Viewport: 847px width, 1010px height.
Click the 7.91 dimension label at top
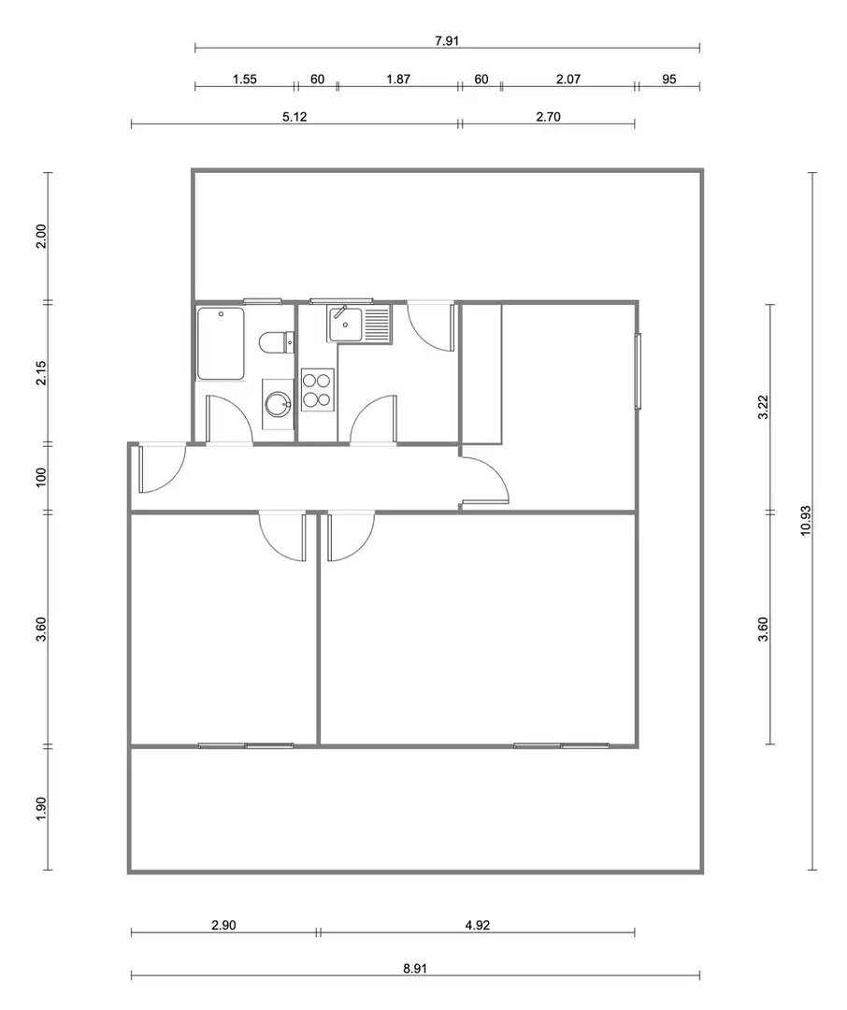click(x=447, y=41)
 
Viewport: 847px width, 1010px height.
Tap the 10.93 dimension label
click(x=805, y=521)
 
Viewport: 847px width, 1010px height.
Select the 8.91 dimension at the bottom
click(x=415, y=968)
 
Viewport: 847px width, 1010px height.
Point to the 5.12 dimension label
click(x=295, y=117)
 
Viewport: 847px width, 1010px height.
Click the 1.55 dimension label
click(x=245, y=79)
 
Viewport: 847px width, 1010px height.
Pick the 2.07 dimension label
click(x=568, y=79)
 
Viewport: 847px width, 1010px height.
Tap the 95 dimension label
click(x=669, y=79)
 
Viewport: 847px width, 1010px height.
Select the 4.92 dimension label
click(x=478, y=925)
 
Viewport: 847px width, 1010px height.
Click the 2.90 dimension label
click(x=223, y=925)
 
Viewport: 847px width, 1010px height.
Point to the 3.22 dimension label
click(x=763, y=407)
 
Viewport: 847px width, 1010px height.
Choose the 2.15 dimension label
click(x=40, y=373)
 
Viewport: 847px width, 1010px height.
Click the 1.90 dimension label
click(x=40, y=809)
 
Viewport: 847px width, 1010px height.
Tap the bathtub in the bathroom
click(x=221, y=343)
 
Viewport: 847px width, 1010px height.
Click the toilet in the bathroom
click(x=277, y=341)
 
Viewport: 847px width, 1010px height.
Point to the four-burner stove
click(x=318, y=390)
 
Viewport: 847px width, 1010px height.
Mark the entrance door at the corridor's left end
click(x=161, y=469)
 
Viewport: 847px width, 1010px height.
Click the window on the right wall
click(x=638, y=371)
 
